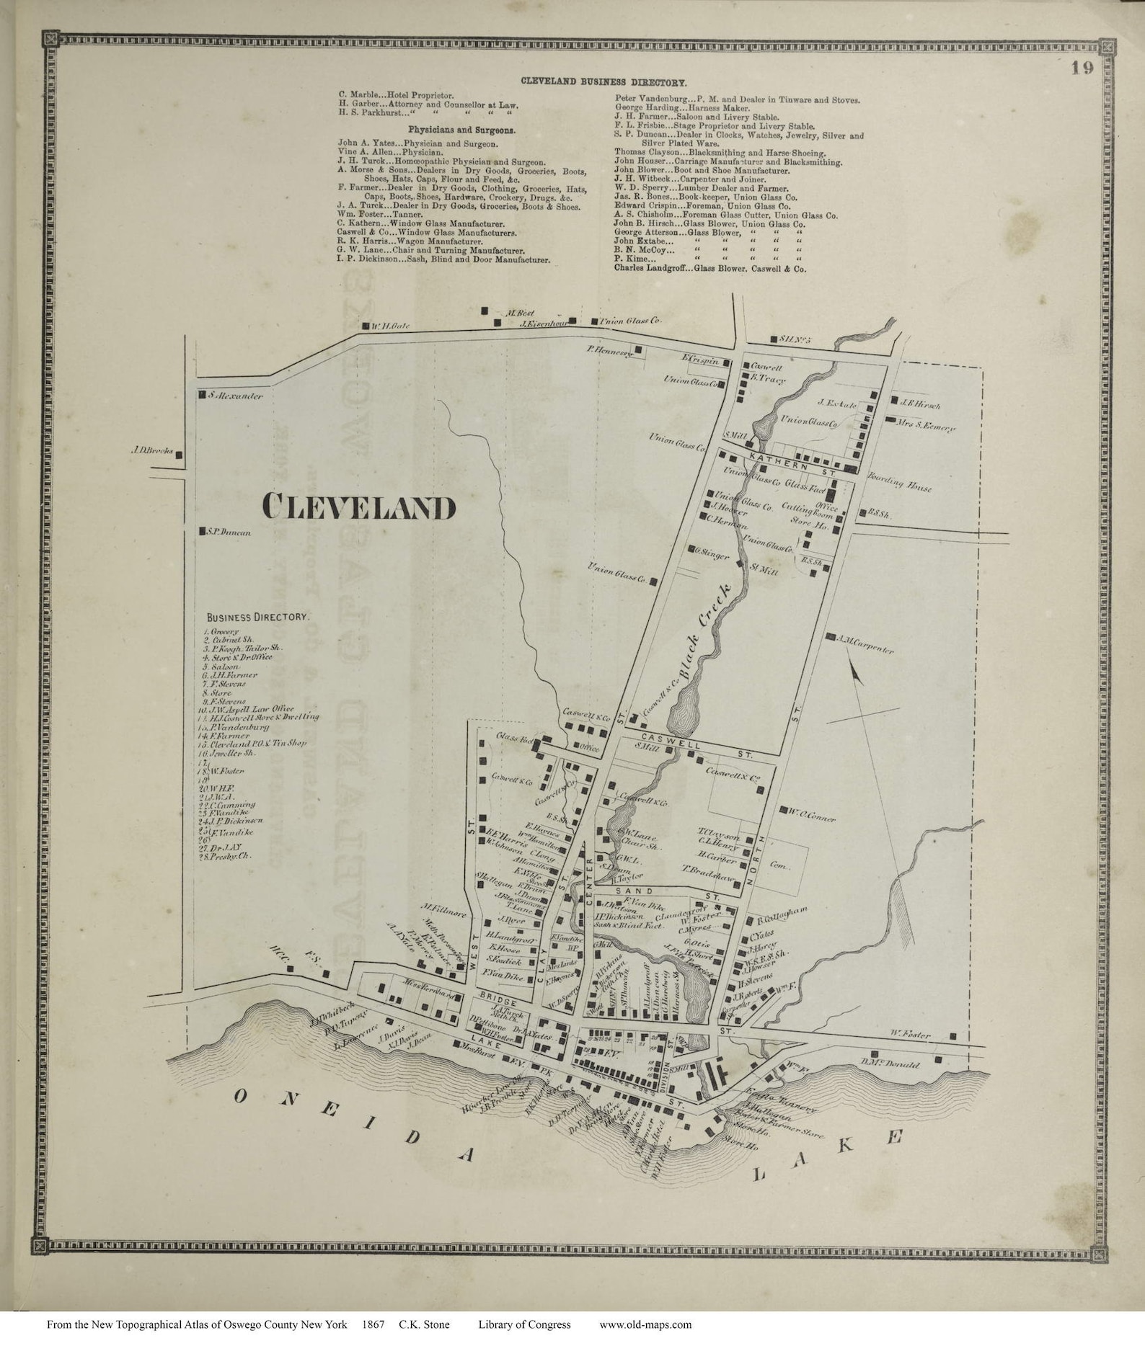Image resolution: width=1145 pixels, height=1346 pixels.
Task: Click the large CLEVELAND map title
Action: point(359,507)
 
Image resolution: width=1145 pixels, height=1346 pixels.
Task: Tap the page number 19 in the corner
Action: point(1082,68)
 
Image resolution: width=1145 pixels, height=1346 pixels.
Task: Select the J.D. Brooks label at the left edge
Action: point(152,452)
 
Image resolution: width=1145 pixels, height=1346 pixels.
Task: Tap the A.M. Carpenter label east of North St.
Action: point(866,643)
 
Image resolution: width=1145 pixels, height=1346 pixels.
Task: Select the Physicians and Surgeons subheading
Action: point(461,130)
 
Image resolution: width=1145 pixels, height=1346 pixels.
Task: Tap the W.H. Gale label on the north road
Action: point(390,326)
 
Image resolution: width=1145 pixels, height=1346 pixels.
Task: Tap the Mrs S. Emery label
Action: point(926,425)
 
